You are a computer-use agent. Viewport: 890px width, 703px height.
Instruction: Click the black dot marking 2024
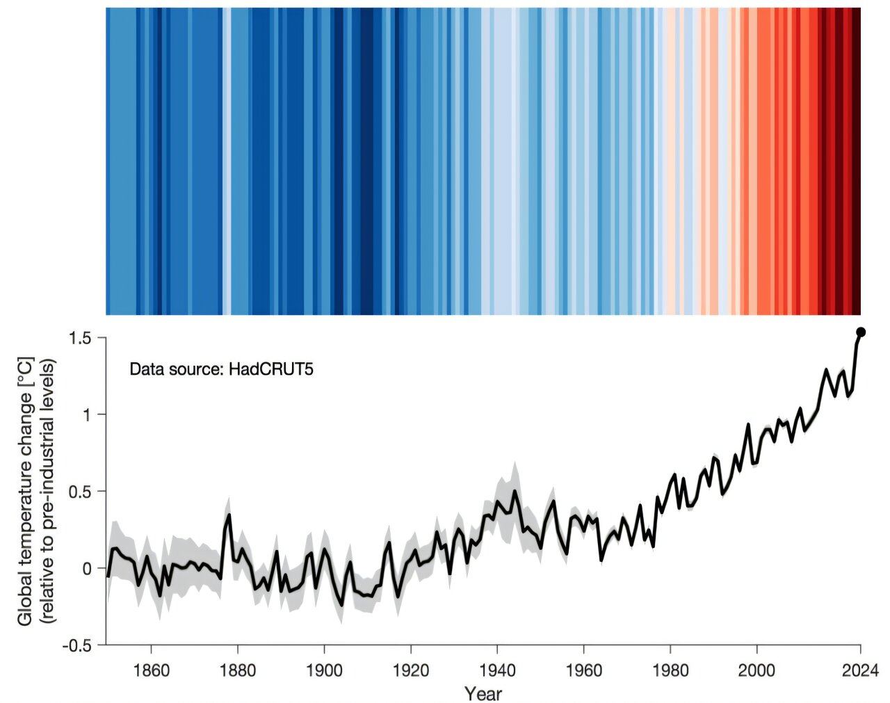pos(860,332)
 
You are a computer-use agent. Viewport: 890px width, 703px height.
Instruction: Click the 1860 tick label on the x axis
pos(151,670)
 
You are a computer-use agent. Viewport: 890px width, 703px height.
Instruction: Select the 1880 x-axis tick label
pos(238,670)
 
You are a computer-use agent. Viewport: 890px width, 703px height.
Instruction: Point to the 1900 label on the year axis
pos(324,670)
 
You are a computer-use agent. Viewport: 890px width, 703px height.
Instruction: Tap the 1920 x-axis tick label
pos(411,670)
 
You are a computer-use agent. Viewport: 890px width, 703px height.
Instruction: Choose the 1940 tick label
pos(497,670)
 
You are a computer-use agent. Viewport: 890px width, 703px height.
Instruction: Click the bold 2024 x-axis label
pos(860,670)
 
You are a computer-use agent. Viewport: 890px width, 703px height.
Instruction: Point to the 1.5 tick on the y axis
pos(80,338)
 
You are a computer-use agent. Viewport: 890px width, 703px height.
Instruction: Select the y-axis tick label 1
pos(87,414)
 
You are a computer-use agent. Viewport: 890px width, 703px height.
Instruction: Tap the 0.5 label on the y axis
pos(80,492)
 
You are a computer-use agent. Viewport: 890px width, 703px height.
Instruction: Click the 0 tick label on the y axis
pos(87,569)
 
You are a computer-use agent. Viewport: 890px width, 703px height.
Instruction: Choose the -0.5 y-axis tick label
pos(77,645)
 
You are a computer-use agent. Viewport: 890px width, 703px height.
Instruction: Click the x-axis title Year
pos(483,693)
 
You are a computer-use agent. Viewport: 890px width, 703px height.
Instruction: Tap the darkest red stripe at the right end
pos(857,160)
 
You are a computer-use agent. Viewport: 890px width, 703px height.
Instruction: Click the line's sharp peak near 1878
pos(229,515)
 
